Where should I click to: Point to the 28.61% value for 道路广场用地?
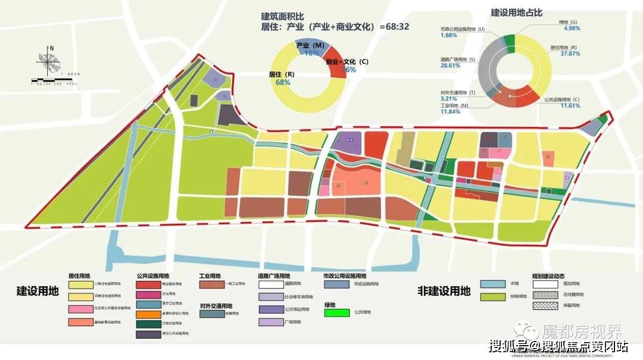452,65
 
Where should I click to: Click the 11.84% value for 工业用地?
451,111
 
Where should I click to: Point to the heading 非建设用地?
444,291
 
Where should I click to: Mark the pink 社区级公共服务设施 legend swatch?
83,309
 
